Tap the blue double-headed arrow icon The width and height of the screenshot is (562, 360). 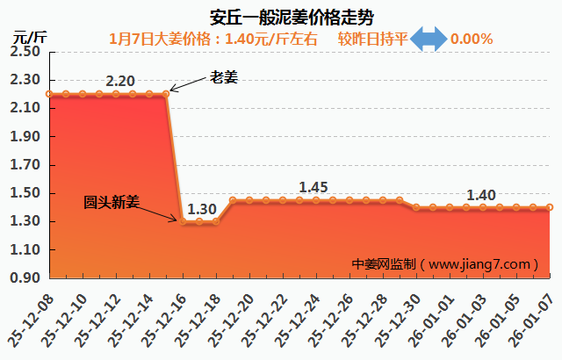coord(429,39)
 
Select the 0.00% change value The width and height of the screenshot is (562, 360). coord(472,39)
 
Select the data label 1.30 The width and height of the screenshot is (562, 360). coord(202,210)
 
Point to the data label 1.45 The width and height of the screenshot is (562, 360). coord(313,187)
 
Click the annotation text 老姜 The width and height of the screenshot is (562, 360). coord(224,77)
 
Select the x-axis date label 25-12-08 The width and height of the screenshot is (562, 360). coord(32,320)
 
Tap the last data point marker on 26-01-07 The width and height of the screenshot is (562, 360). coord(550,207)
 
